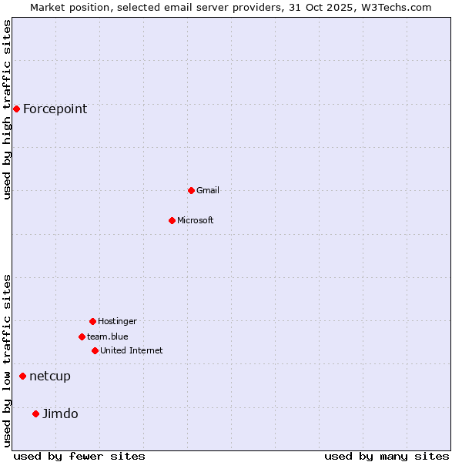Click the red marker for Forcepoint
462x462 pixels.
point(16,109)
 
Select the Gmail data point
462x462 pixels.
point(191,190)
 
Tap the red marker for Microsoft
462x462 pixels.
point(172,220)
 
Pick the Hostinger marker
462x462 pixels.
point(92,321)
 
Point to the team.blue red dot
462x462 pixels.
point(82,336)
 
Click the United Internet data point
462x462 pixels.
point(95,350)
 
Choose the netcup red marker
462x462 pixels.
point(22,376)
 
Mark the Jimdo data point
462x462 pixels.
point(35,413)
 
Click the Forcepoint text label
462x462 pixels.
point(55,109)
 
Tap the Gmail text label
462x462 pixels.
point(207,190)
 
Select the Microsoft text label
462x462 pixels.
point(195,220)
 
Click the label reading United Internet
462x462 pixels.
point(131,350)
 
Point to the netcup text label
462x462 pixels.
point(49,376)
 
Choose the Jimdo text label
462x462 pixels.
point(60,413)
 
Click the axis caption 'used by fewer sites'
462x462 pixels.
point(79,456)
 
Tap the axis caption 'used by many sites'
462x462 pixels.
point(387,456)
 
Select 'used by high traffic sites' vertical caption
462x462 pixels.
point(7,109)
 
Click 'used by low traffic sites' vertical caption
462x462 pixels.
point(7,360)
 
